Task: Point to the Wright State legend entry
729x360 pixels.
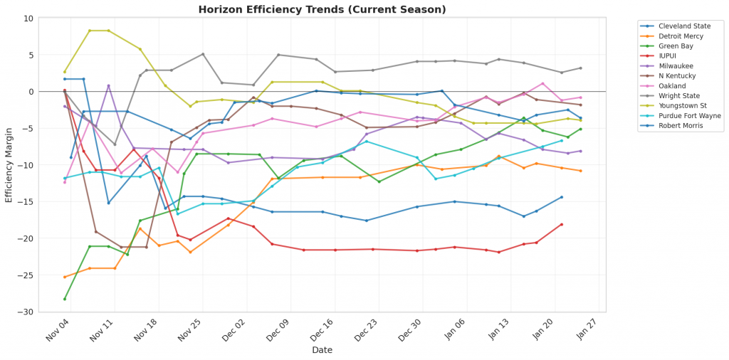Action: pos(677,95)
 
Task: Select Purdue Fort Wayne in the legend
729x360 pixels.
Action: pos(685,115)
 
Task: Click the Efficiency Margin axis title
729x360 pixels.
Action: pos(9,165)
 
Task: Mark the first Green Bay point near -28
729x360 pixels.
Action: pos(65,299)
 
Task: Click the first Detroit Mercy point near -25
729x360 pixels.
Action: pos(65,277)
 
